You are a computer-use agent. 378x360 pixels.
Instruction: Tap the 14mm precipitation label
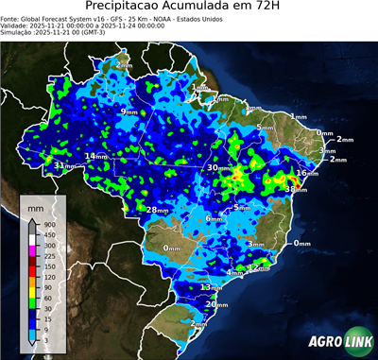pyautogui.click(x=96, y=156)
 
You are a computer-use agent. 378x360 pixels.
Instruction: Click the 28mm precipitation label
pyautogui.click(x=155, y=209)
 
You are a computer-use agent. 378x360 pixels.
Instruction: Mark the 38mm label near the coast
pyautogui.click(x=295, y=190)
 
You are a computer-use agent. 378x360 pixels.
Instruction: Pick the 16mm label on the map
pyautogui.click(x=306, y=173)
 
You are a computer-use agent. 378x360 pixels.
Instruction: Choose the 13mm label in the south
pyautogui.click(x=211, y=286)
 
